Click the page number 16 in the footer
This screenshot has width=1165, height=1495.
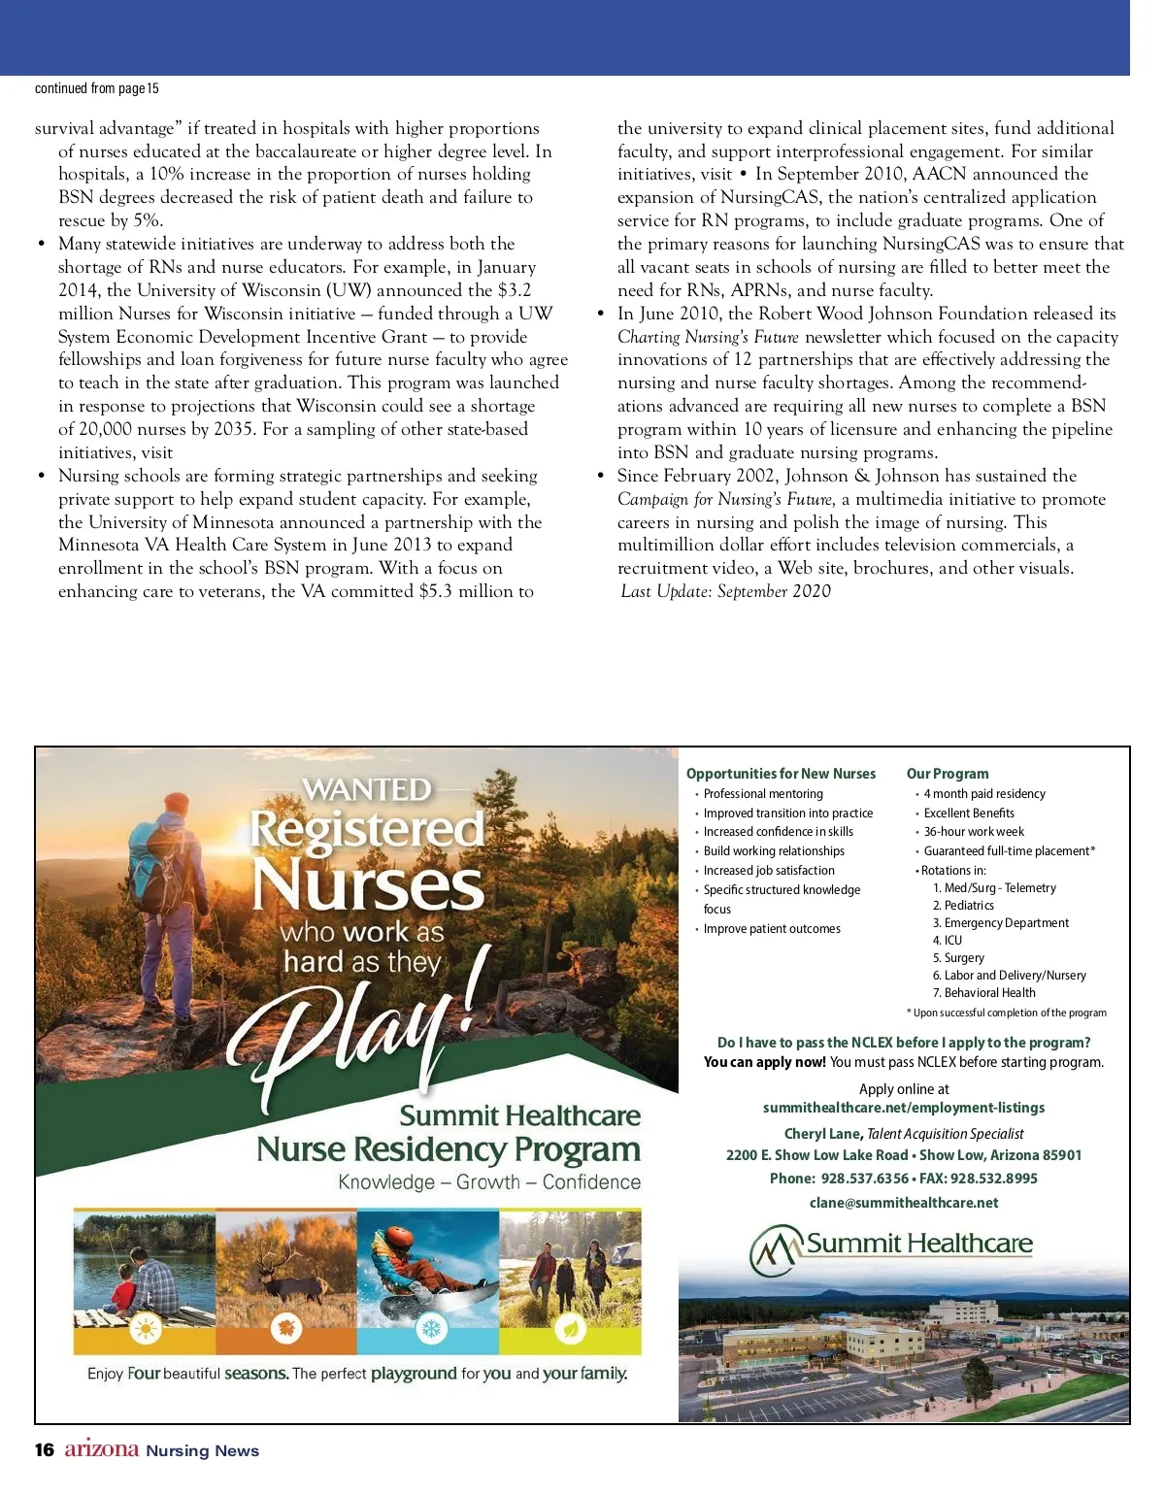(x=44, y=1450)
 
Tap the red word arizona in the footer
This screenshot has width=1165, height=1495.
(x=102, y=1449)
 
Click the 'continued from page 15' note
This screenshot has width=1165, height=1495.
(x=96, y=88)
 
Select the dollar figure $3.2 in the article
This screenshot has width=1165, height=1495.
(x=515, y=290)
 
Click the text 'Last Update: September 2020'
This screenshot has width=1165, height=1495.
(x=725, y=591)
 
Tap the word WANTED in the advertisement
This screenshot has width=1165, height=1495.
(x=368, y=790)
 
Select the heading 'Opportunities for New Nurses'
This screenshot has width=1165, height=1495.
(x=781, y=774)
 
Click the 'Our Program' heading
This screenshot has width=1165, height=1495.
(x=947, y=774)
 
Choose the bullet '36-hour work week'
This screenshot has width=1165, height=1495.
(x=973, y=832)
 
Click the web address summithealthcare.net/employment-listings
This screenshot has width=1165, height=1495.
(x=903, y=1108)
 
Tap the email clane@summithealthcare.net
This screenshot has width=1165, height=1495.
(x=903, y=1203)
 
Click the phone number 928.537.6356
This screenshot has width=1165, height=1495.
(x=864, y=1179)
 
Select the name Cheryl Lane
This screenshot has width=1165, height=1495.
(x=821, y=1134)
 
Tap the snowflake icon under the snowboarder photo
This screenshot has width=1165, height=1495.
(x=429, y=1329)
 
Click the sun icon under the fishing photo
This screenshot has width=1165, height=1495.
(x=145, y=1329)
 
